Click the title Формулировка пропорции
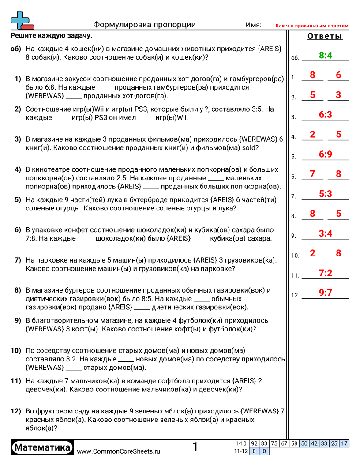[x=145, y=25]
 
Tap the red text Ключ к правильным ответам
[x=312, y=26]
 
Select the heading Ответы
[x=325, y=37]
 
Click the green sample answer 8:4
[x=325, y=55]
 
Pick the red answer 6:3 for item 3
[x=325, y=115]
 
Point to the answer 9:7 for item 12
[x=325, y=293]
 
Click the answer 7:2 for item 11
[x=325, y=273]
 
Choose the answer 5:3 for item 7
[x=325, y=193]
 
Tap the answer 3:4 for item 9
[x=325, y=233]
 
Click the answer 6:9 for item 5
[x=325, y=154]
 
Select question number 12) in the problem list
[x=16, y=411]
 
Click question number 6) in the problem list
[x=18, y=230]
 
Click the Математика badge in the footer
[x=42, y=448]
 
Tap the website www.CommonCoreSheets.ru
[x=118, y=451]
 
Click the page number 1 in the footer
[x=195, y=447]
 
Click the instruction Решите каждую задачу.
[x=51, y=36]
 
